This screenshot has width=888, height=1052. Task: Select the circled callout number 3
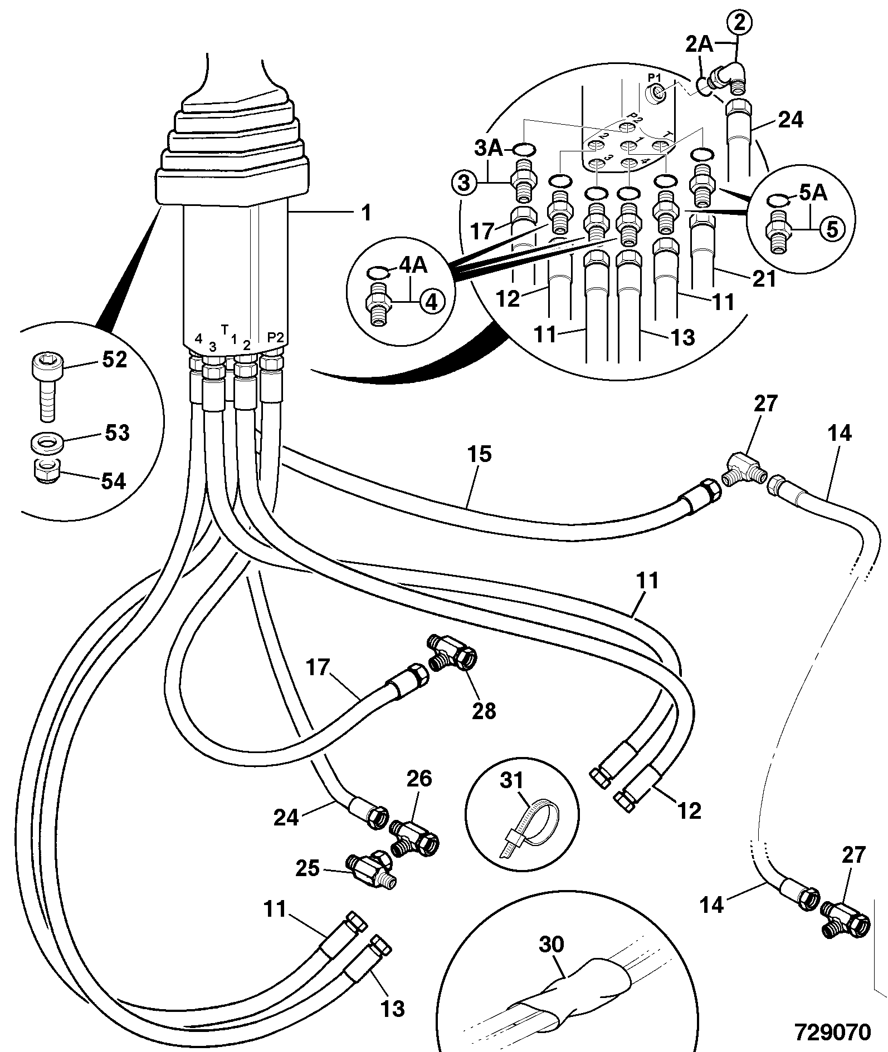pos(465,181)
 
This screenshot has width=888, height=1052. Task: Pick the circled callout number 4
pos(432,302)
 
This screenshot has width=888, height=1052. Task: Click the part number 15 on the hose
pos(480,454)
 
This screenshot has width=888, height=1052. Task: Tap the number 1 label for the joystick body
pos(365,213)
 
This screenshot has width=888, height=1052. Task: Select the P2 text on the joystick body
pos(276,337)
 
